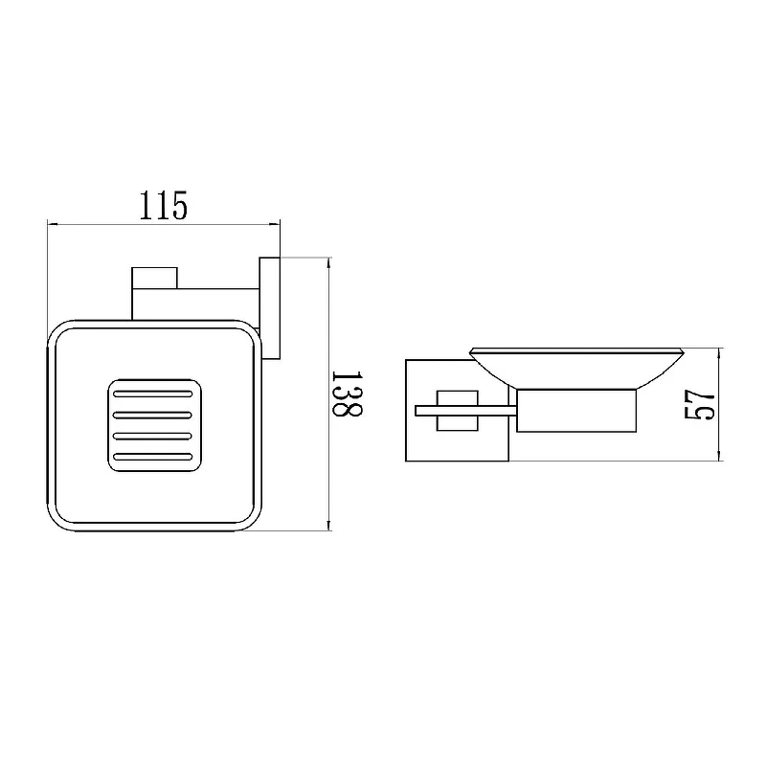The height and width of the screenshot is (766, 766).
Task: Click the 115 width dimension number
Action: tap(163, 206)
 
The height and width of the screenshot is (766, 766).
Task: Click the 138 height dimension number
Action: tap(347, 394)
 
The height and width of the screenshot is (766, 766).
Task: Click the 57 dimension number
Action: tap(700, 404)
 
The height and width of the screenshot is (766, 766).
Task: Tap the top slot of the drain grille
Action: tap(153, 394)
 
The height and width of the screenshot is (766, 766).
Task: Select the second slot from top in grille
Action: tap(153, 416)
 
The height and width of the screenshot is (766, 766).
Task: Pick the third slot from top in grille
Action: tap(153, 436)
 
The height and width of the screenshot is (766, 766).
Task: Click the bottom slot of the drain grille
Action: tap(153, 458)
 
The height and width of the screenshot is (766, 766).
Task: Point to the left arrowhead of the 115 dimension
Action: tap(53, 224)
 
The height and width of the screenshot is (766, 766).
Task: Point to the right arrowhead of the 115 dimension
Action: tap(275, 224)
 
